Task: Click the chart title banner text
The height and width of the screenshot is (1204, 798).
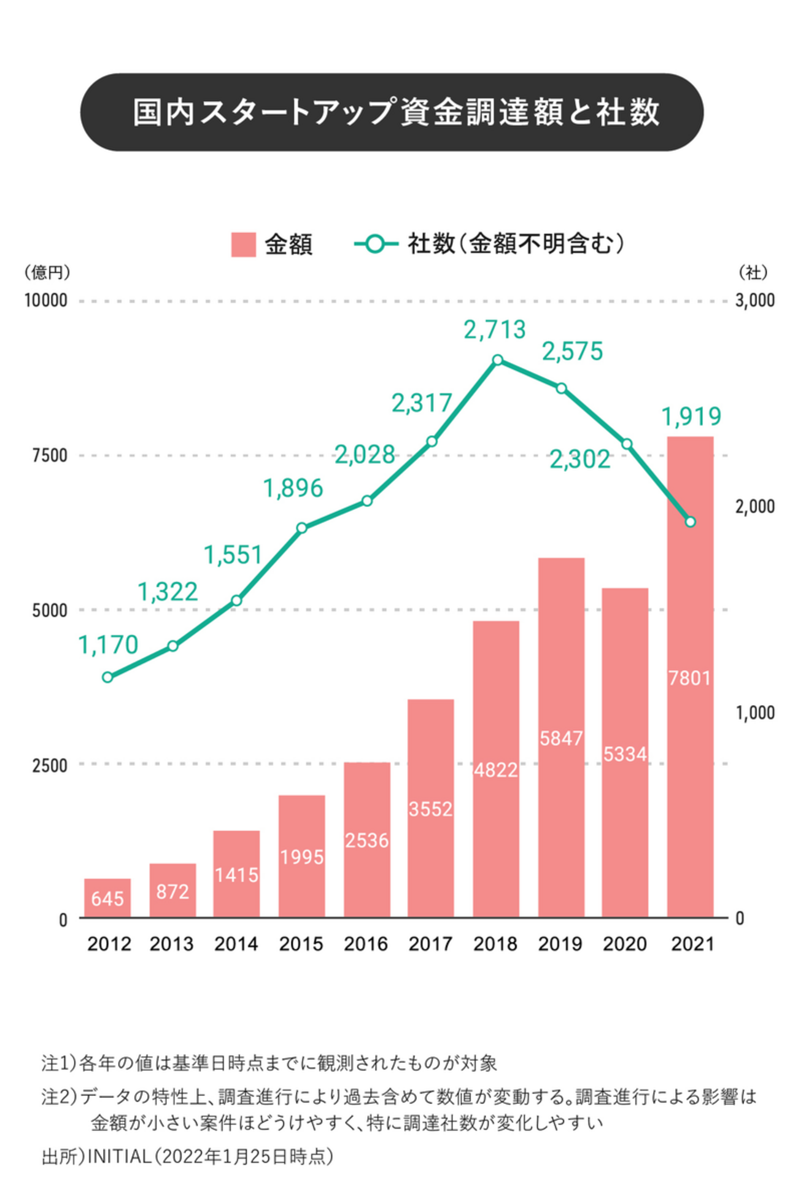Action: (x=396, y=112)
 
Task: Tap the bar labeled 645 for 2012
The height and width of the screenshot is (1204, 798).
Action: (x=107, y=897)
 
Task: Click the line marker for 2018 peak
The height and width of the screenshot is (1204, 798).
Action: (x=498, y=360)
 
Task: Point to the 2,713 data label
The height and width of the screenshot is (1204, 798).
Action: (x=495, y=330)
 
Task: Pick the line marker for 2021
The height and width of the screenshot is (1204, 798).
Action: (x=690, y=522)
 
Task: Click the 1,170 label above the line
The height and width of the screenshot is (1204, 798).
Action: (x=108, y=645)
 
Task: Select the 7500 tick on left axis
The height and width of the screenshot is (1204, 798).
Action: (x=50, y=456)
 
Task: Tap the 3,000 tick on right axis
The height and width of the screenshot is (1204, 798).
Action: (x=754, y=301)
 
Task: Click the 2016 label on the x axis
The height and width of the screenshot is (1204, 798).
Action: (x=366, y=944)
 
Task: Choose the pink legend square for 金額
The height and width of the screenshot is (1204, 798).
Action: (x=243, y=244)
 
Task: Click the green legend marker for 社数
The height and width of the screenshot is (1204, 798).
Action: (x=376, y=244)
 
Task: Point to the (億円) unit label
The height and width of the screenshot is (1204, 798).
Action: (x=47, y=272)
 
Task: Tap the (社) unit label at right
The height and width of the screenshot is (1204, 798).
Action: (x=753, y=272)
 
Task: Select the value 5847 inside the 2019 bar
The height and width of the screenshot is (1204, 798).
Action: (x=561, y=738)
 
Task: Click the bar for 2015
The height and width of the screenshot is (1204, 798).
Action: (x=301, y=856)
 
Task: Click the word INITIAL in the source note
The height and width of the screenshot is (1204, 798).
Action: (x=120, y=1156)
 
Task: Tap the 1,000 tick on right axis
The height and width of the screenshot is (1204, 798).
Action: (x=754, y=712)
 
